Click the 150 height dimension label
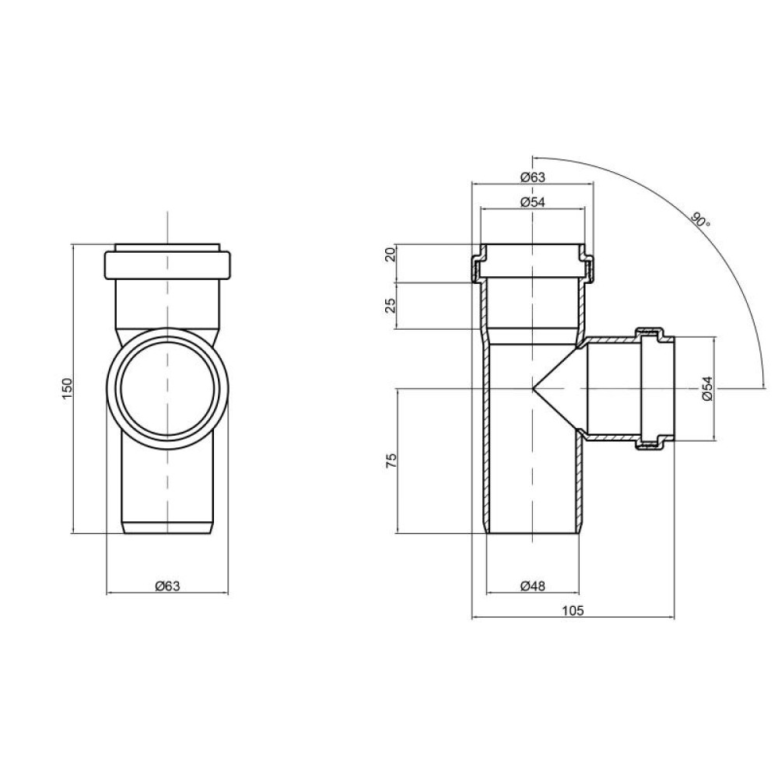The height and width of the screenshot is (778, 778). (x=68, y=388)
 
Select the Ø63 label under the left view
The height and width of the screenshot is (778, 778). (x=168, y=586)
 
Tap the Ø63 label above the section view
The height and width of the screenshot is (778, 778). (x=532, y=177)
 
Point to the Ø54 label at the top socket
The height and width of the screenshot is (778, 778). (x=532, y=202)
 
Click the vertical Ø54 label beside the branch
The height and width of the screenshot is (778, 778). (x=707, y=388)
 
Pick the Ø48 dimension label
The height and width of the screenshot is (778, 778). (x=532, y=586)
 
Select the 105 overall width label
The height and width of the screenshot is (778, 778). (x=573, y=611)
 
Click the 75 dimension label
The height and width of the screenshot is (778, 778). (x=391, y=461)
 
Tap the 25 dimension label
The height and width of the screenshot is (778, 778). (x=391, y=306)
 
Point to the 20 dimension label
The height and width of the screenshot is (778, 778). (x=391, y=254)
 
